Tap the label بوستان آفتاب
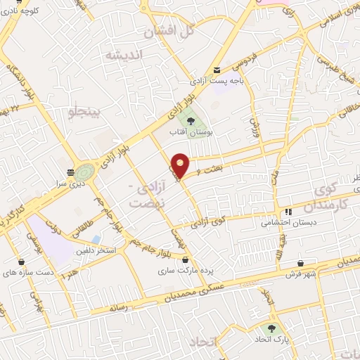(191, 131)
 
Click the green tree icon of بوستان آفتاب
(191, 120)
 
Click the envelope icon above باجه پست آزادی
(217, 69)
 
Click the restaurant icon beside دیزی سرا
(70, 172)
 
